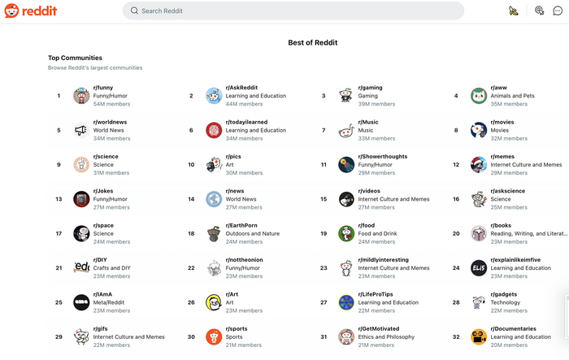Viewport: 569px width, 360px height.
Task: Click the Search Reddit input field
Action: (x=293, y=11)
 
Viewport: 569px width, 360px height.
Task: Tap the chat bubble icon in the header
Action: (x=558, y=11)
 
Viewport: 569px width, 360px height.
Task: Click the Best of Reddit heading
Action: (x=313, y=42)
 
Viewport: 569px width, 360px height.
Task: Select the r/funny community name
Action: (x=103, y=88)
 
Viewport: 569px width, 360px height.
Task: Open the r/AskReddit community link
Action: (x=241, y=88)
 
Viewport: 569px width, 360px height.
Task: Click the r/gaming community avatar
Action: (x=346, y=96)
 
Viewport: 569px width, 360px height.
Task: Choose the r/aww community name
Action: (x=498, y=88)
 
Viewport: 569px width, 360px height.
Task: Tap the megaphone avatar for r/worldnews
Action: (x=81, y=130)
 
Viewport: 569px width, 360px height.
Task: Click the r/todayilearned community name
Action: (x=245, y=122)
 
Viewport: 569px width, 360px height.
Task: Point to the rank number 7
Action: (x=324, y=130)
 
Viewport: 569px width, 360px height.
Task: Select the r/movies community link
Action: (x=502, y=122)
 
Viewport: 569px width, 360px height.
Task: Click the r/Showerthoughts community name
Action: (x=383, y=156)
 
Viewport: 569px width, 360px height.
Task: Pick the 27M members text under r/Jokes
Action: (x=111, y=207)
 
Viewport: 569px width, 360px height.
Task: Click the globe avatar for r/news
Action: (x=214, y=199)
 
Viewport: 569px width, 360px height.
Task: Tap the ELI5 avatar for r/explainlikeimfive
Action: (x=479, y=268)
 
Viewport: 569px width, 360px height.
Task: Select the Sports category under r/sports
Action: (x=235, y=336)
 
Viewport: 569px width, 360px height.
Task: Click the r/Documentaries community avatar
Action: (x=479, y=336)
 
